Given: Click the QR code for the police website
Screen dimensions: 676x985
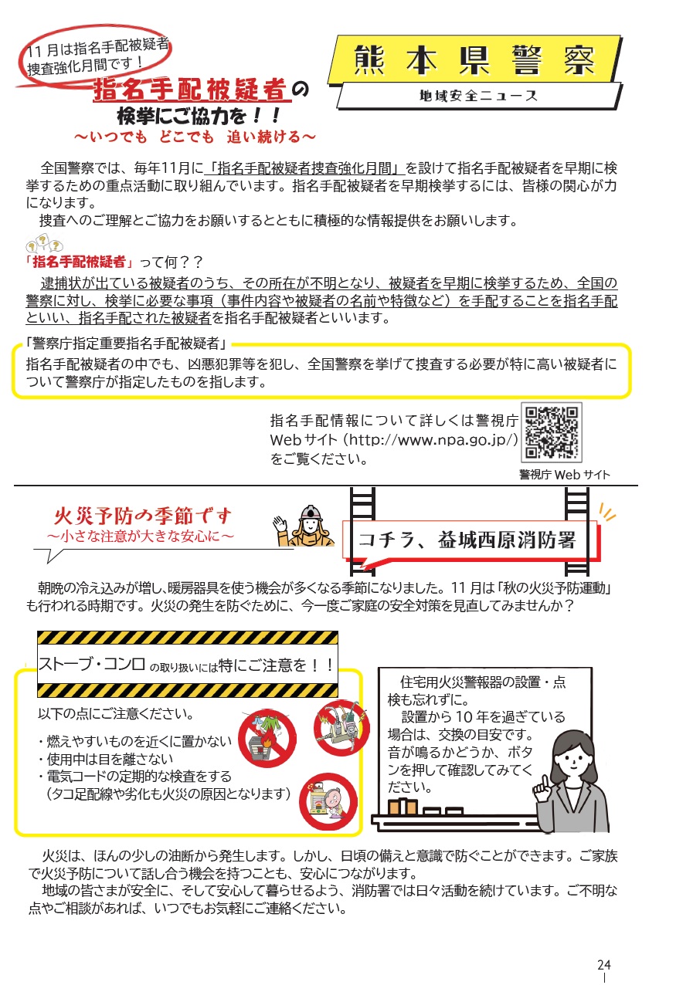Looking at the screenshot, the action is (552, 432).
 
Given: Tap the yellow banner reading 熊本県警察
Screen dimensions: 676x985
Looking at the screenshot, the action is (474, 59).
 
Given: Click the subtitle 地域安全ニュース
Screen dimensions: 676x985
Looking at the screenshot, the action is (478, 96).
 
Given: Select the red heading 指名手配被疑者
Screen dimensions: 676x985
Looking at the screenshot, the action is (191, 90).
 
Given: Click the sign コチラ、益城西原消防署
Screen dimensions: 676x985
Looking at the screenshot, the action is (467, 540).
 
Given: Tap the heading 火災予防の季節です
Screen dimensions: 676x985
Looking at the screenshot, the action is (143, 516).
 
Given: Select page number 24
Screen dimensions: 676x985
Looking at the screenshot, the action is (604, 965).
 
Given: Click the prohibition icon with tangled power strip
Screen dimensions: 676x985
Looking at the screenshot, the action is (341, 727).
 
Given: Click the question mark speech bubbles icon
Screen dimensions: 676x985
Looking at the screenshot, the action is (44, 243).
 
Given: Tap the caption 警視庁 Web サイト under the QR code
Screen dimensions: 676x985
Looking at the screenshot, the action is (565, 475).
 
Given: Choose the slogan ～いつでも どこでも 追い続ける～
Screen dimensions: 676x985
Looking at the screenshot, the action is (195, 137).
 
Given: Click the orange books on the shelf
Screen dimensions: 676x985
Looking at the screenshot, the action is (403, 806).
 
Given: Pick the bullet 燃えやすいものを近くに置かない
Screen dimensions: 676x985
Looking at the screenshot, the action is (134, 741).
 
